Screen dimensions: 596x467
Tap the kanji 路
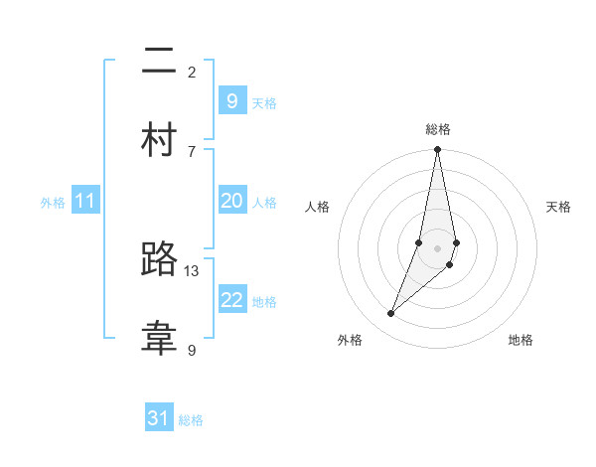point(160,260)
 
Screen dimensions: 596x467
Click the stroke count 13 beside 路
point(192,270)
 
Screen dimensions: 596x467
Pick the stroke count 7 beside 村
point(192,151)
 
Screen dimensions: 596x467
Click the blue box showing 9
point(231,101)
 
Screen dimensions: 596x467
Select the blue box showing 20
point(231,201)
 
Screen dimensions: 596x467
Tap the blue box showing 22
point(231,300)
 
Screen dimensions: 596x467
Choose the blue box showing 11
point(84,201)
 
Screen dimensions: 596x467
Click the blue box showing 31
point(159,418)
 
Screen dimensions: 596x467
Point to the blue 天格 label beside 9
point(264,103)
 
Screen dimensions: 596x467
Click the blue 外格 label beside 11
point(53,203)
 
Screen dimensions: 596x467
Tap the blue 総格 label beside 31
point(191,420)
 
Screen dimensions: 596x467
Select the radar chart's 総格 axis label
point(438,129)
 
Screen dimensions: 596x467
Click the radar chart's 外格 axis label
point(350,340)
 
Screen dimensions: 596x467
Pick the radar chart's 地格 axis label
point(521,340)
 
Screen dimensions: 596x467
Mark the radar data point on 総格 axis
point(437,150)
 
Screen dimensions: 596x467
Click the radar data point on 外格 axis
point(391,314)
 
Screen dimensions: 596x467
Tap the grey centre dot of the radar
point(437,247)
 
